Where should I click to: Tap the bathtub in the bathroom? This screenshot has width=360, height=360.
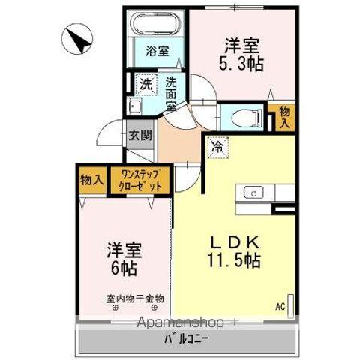pos(157,24)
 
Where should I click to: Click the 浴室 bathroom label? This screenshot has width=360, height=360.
pos(157,52)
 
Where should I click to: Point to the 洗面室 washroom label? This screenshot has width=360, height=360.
pos(172,94)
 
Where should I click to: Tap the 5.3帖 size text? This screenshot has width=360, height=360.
pos(241,64)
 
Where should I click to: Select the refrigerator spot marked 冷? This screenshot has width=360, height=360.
pos(216,148)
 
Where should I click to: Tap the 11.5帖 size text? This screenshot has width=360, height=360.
pos(235,262)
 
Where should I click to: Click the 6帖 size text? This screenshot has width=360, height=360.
pos(124,268)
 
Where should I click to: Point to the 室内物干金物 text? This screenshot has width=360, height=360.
pos(134,298)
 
